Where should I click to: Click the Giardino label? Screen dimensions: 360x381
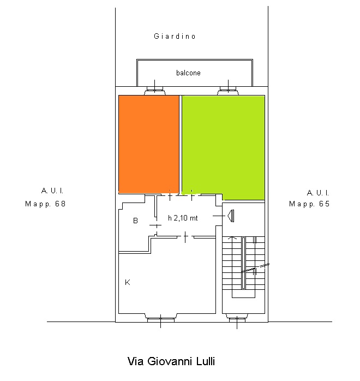[175, 36]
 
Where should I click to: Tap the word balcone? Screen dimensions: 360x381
[188, 73]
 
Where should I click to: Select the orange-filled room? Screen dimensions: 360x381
[148, 144]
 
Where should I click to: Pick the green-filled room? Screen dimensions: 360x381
[223, 147]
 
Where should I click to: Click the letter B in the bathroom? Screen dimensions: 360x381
[135, 221]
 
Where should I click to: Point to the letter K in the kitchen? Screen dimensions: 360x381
[128, 282]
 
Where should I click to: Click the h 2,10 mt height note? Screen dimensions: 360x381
[183, 218]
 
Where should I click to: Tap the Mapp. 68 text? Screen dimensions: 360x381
[45, 204]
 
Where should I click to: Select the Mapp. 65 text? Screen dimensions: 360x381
[309, 204]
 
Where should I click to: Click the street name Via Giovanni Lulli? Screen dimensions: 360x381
[171, 361]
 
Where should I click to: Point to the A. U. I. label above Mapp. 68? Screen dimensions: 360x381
[52, 190]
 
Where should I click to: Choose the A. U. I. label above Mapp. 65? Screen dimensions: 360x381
[318, 193]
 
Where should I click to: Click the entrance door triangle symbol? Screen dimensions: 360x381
[231, 216]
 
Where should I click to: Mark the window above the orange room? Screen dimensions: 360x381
[154, 90]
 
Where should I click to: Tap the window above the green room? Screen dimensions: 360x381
[228, 90]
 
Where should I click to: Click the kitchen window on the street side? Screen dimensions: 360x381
[161, 318]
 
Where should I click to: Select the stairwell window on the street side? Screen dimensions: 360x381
[237, 318]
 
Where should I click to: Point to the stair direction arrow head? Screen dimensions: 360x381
[232, 237]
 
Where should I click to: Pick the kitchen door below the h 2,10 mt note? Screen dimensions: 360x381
[185, 237]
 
